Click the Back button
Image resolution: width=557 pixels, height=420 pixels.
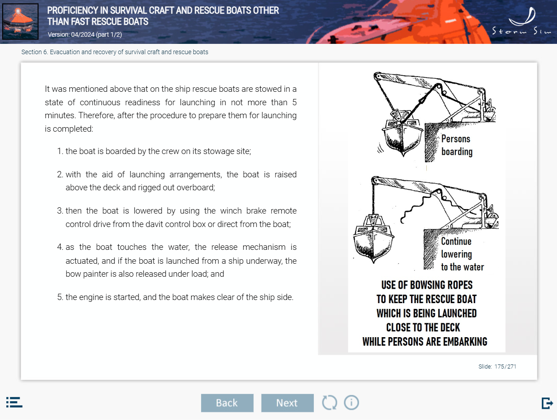(227, 403)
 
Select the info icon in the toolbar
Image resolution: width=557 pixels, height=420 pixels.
(351, 403)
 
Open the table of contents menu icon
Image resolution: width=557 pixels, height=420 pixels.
(14, 402)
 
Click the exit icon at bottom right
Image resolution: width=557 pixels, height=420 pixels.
(547, 403)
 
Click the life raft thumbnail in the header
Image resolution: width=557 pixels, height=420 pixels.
(20, 21)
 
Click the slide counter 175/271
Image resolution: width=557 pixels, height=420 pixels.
(497, 366)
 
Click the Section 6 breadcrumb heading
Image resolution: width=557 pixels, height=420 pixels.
(115, 52)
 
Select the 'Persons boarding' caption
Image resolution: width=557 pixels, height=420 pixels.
(457, 145)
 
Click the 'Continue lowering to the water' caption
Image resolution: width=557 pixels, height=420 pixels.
(463, 254)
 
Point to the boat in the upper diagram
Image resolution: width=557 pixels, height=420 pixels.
(403, 134)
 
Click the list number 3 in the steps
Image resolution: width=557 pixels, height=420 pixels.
(60, 210)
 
